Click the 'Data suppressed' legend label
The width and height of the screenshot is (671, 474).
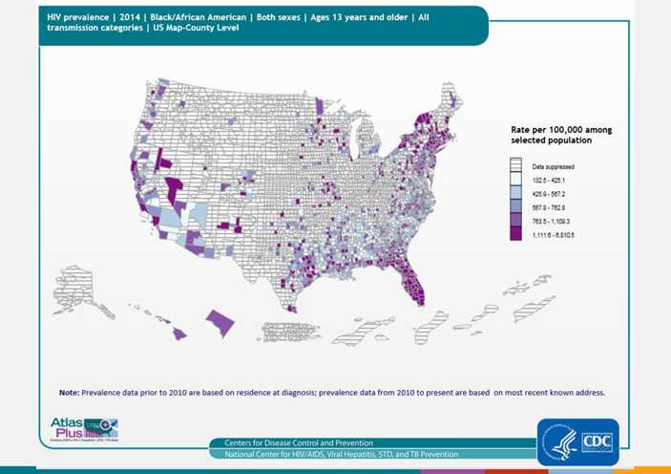(553, 166)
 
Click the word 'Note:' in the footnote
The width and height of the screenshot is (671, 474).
(69, 392)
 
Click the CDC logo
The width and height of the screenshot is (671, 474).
(597, 442)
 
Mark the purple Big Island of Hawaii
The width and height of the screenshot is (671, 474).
(221, 322)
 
